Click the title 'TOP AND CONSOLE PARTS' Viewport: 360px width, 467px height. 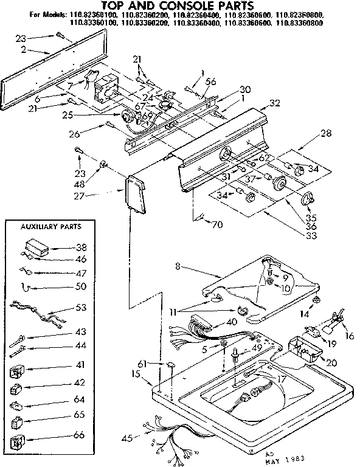(x=181, y=5)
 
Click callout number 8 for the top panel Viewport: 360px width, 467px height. (x=178, y=266)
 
